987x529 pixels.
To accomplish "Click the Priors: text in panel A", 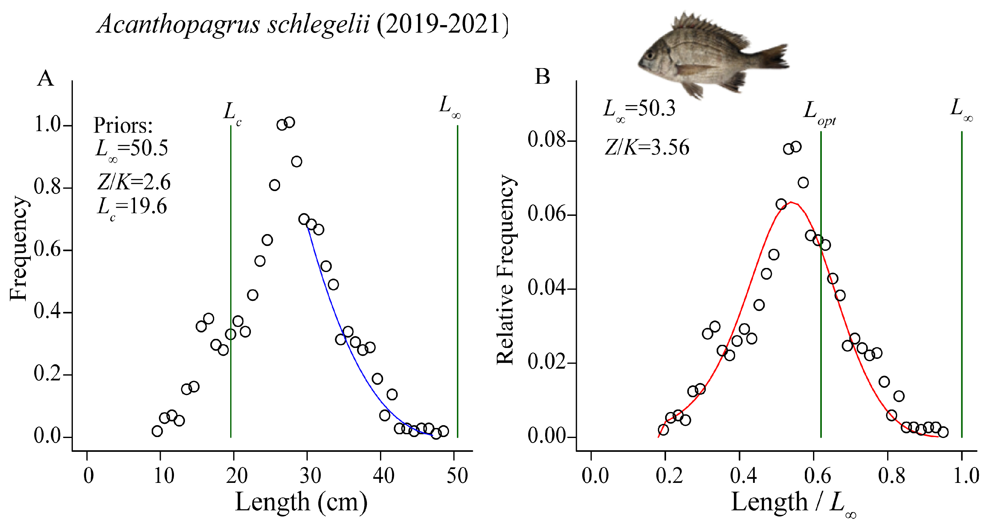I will [123, 126].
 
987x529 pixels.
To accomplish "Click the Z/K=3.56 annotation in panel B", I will [647, 147].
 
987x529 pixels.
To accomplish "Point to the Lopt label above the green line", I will [819, 112].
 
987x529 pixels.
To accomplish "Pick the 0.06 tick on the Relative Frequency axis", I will [546, 214].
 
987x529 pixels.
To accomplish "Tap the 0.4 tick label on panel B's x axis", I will [743, 476].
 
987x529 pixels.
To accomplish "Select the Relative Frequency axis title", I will [505, 270].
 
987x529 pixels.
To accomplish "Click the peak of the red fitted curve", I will [791, 202].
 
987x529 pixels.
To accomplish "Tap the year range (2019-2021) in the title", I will [442, 24].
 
